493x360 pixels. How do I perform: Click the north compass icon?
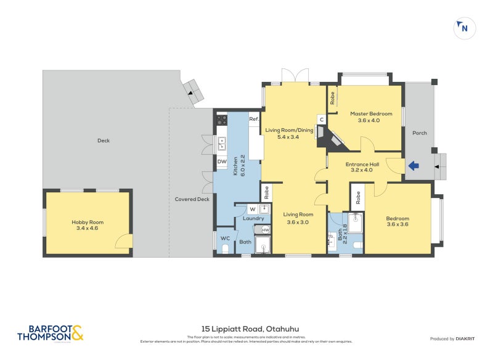click(463, 28)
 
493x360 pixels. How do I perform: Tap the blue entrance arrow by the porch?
click(414, 165)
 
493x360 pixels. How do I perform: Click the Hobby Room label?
click(87, 226)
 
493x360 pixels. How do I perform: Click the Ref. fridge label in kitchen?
click(253, 118)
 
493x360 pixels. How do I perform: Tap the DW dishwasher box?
click(221, 162)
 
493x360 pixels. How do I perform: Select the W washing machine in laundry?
click(253, 210)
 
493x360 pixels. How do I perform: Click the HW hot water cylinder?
click(266, 230)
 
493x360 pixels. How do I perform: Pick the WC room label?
click(224, 238)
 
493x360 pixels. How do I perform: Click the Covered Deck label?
click(192, 199)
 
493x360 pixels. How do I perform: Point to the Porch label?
click(419, 133)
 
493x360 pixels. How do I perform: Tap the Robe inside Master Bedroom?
click(332, 97)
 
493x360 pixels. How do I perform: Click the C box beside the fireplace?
click(321, 119)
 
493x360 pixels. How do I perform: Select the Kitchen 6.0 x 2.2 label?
click(239, 165)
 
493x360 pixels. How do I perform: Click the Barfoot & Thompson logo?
click(50, 333)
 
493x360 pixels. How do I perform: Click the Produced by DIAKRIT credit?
click(452, 338)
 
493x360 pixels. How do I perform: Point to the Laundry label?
click(253, 219)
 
